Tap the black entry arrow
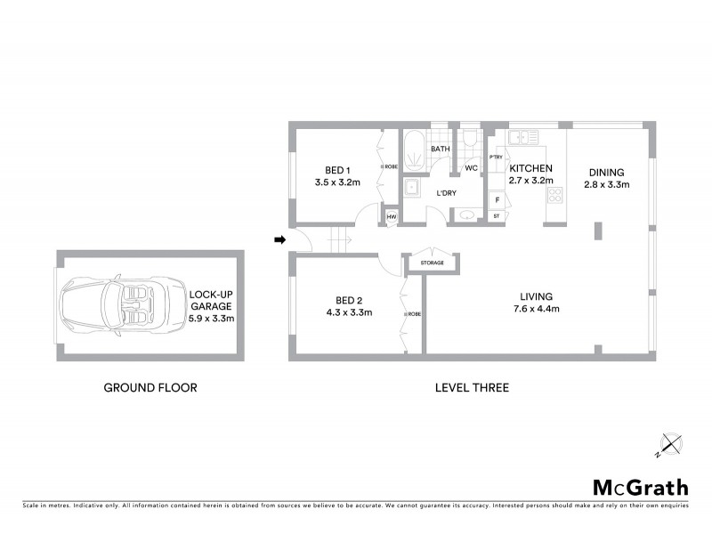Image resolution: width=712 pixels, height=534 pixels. point(279,239)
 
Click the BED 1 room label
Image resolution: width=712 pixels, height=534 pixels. point(335,170)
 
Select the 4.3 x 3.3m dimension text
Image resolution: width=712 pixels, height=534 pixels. point(343,312)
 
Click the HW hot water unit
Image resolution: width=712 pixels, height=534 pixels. point(390,215)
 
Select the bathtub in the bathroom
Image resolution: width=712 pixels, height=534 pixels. point(414,151)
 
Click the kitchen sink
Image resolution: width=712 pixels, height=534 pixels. point(519,138)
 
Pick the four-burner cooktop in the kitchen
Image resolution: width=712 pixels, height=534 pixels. point(555,196)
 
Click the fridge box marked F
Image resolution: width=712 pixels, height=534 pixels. point(496,199)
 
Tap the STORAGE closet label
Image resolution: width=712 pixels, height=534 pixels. point(433,263)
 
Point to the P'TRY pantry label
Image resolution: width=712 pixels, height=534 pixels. point(496,158)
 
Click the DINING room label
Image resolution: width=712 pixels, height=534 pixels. point(606,173)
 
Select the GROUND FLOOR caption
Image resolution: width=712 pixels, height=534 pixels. point(150,387)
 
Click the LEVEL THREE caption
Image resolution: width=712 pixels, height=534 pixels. point(472,387)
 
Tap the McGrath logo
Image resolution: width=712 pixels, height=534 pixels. point(641,487)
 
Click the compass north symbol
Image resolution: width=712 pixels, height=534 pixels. point(668,443)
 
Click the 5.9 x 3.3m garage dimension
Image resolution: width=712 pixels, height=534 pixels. point(211,318)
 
